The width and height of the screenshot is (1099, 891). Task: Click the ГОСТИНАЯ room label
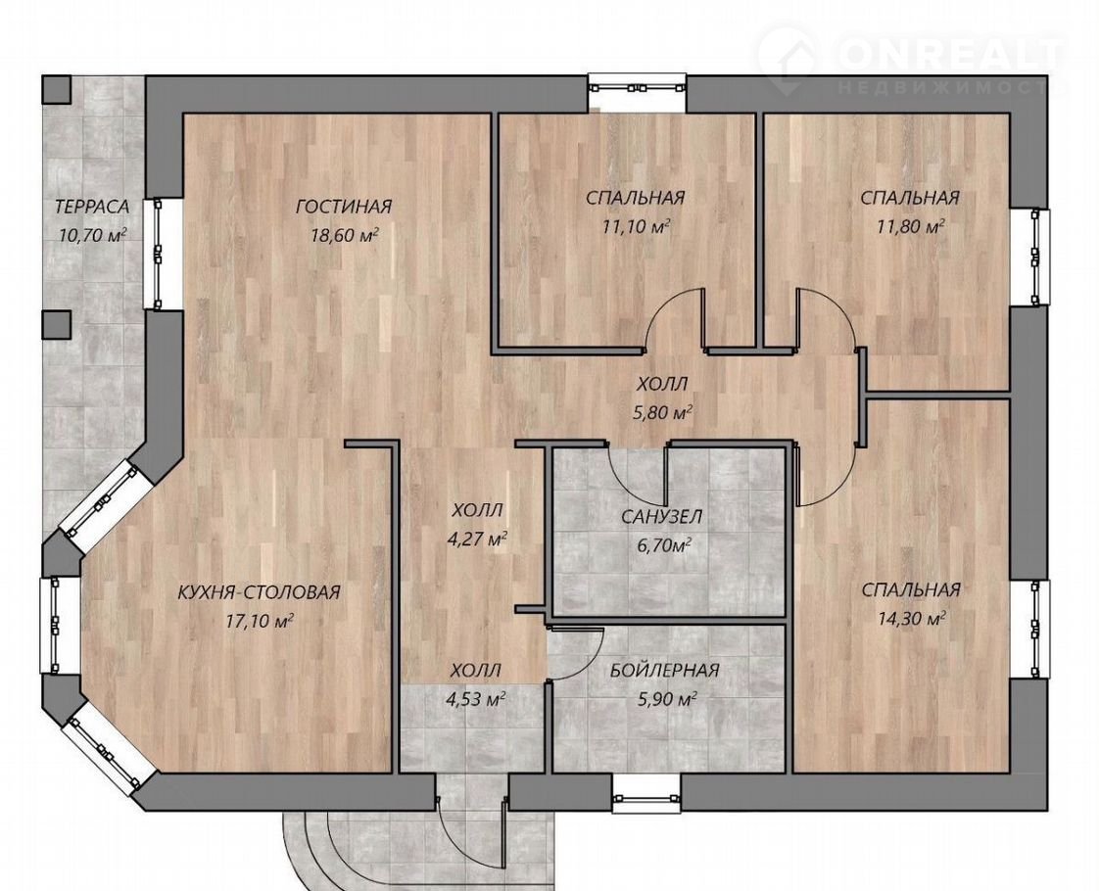344,208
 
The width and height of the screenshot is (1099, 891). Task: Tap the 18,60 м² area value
345,235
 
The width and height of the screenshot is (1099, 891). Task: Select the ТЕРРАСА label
92,208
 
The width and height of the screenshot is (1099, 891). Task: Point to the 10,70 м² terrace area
92,234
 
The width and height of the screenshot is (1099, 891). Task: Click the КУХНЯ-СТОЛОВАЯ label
259,592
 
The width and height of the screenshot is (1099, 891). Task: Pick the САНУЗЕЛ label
661,518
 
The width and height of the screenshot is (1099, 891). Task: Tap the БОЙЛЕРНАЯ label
664,671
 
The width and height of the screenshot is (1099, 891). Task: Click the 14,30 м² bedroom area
911,619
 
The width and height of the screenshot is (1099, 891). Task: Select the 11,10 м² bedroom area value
636,225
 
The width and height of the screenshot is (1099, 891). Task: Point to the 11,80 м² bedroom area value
911,225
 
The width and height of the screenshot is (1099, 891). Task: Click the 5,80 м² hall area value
662,413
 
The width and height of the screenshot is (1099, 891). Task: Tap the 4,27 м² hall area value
477,539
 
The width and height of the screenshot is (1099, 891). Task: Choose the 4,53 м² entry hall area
477,699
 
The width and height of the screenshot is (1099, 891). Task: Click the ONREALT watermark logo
911,60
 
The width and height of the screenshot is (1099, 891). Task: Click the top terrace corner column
56,89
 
